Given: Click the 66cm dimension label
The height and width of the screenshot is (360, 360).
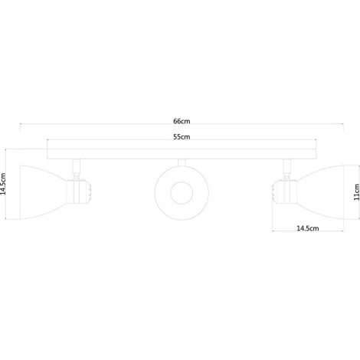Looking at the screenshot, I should coord(182,121).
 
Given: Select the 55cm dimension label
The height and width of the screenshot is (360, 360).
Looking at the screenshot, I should coord(182,137).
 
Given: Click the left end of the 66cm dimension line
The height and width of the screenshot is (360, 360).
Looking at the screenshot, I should coord(21,127).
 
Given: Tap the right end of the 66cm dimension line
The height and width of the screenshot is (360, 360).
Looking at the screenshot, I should coord(342,127).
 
